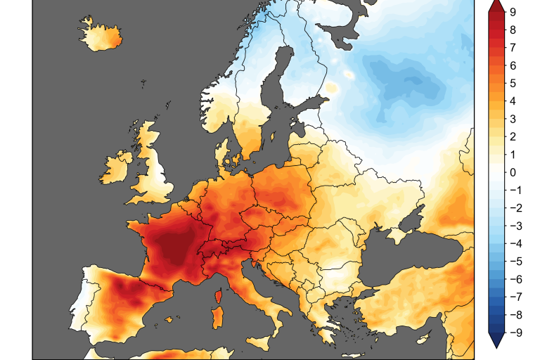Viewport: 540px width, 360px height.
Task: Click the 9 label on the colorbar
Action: coord(514,12)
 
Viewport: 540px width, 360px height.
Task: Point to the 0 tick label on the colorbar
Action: coord(514,173)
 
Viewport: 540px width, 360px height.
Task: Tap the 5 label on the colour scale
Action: coord(514,84)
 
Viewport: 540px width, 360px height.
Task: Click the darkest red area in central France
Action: coord(172,246)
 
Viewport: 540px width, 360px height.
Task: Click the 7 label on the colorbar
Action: coord(514,48)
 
